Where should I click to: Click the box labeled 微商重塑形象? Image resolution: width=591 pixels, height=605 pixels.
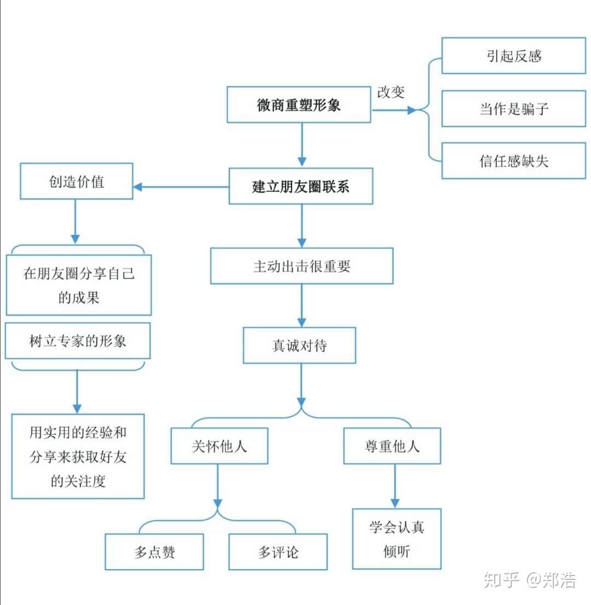(x=299, y=104)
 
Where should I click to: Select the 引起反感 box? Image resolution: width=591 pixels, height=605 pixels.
(x=513, y=56)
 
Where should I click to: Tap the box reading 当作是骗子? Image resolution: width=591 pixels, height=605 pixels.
(x=513, y=109)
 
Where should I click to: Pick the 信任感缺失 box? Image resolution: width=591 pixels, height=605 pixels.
(x=513, y=161)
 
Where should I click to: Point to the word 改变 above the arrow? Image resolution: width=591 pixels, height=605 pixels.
(x=391, y=92)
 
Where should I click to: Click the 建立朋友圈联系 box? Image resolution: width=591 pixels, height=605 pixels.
(x=300, y=187)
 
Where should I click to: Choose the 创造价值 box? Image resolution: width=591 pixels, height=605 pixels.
(x=77, y=181)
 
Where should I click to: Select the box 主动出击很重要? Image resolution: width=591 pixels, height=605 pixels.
(x=302, y=266)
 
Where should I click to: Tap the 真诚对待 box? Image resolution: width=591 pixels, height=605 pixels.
(x=299, y=345)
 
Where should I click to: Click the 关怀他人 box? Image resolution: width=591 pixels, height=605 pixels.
(x=219, y=446)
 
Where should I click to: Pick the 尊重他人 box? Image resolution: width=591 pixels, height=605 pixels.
(x=392, y=446)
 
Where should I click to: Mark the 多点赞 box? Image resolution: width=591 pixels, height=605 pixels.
(x=154, y=552)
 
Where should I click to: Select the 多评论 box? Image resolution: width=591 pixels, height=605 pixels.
(x=278, y=552)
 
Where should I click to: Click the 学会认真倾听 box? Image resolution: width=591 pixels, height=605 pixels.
(x=396, y=539)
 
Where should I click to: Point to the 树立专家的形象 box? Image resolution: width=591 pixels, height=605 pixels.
(x=78, y=341)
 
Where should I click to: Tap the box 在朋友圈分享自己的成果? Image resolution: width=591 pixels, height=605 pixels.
(x=79, y=285)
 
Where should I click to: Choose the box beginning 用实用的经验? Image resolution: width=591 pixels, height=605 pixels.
(x=78, y=456)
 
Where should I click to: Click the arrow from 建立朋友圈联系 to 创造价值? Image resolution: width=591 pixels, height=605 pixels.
(x=181, y=187)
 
